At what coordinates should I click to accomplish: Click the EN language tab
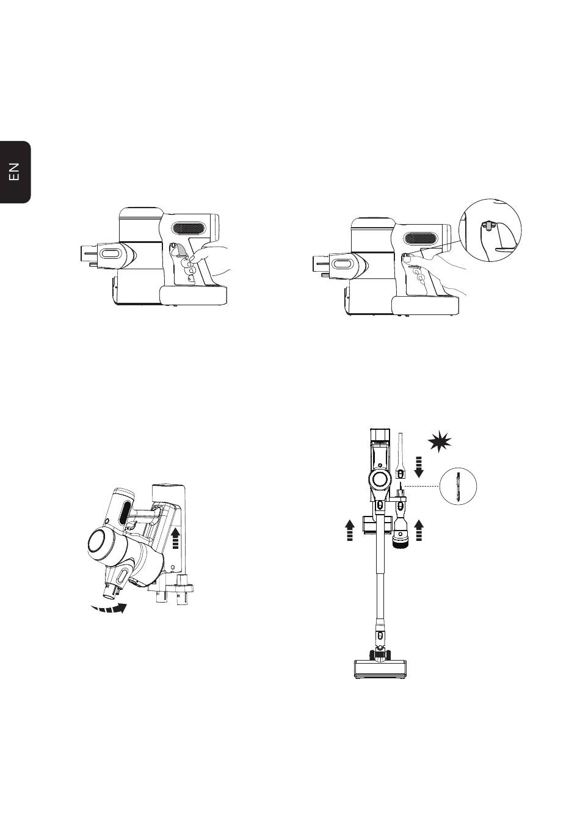coord(15,172)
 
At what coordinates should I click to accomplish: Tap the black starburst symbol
coord(440,442)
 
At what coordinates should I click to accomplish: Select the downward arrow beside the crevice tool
coord(418,467)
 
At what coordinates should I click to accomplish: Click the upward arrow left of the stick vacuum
coord(350,529)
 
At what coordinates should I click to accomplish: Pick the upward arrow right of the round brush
coord(418,530)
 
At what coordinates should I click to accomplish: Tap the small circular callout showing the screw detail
coord(458,486)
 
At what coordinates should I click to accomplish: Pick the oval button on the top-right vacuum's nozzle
coord(342,263)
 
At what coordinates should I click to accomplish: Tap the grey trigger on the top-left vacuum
coord(181,252)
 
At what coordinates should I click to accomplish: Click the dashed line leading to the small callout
coord(421,486)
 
